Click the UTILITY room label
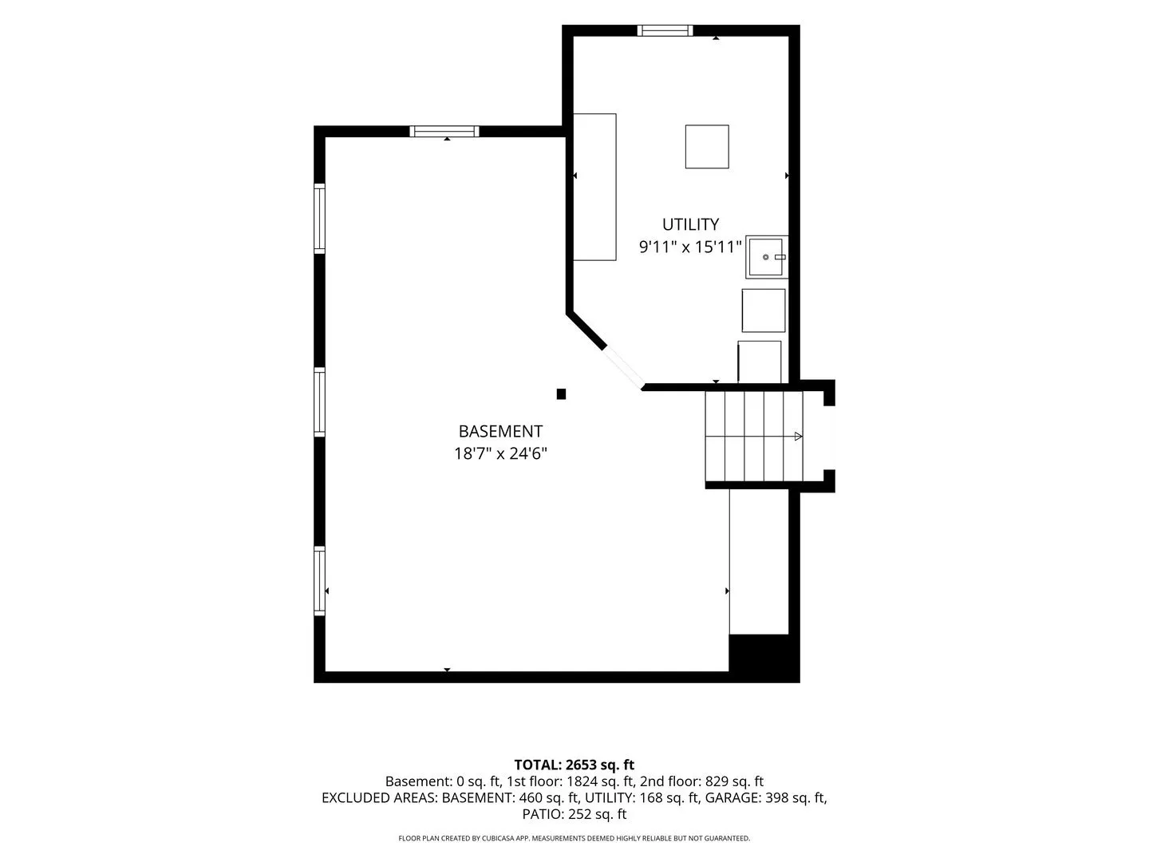690,224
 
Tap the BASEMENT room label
500,431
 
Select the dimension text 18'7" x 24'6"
500,453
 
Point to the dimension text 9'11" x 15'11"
690,247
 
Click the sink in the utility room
766,257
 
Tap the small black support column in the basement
561,394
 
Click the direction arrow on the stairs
798,436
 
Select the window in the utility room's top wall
665,30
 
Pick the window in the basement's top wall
444,132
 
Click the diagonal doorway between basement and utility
623,369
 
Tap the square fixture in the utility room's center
707,147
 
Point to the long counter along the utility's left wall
594,187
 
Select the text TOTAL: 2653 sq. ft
574,765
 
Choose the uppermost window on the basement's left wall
319,218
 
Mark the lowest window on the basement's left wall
319,581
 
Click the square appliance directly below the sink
764,310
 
